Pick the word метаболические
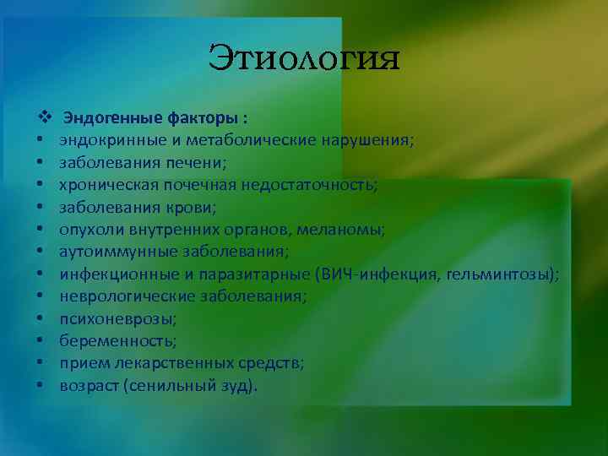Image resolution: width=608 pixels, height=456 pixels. [x=239, y=138]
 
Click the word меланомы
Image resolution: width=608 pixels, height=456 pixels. [x=345, y=229]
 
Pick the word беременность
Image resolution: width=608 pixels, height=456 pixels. [x=106, y=341]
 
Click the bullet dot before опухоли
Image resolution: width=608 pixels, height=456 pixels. [x=41, y=230]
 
